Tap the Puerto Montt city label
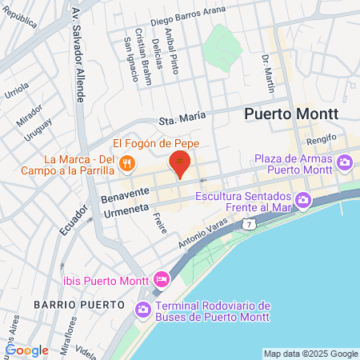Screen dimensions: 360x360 (290, 114)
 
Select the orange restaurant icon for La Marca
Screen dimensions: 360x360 (126, 164)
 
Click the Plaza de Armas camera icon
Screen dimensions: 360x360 (345, 164)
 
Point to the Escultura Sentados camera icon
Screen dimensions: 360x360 (302, 200)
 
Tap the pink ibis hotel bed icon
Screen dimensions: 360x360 (161, 280)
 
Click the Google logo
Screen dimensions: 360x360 (26, 350)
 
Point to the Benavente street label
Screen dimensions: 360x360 (126, 193)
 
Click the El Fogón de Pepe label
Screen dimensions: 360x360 (155, 142)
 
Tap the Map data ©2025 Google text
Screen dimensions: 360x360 (311, 354)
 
